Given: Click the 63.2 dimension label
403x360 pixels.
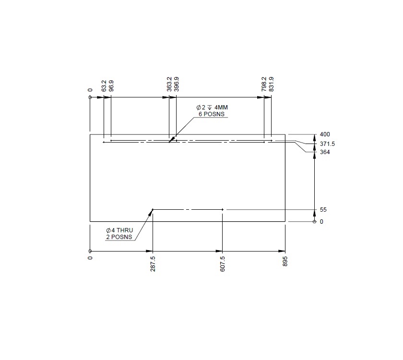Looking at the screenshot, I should (104, 85).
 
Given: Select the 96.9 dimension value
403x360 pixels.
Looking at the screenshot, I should (111, 85).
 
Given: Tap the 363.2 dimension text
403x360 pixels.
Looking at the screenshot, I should (169, 84).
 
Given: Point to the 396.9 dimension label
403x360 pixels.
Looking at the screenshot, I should (177, 84).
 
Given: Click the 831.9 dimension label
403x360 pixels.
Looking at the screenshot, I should (272, 84).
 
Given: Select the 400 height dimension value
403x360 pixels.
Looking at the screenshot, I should (325, 134).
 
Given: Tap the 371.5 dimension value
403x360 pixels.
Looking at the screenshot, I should (327, 144).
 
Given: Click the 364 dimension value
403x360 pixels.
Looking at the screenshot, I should (325, 152).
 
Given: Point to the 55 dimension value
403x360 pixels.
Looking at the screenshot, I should (323, 210).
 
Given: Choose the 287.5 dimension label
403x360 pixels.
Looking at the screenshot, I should (153, 263).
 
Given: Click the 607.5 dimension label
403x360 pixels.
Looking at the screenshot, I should (223, 263).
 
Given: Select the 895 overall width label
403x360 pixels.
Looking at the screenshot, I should (285, 261).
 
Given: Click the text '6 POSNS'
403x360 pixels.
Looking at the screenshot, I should (212, 114).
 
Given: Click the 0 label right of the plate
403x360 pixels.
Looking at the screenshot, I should (321, 222).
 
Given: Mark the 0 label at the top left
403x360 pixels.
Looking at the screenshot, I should (90, 89).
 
